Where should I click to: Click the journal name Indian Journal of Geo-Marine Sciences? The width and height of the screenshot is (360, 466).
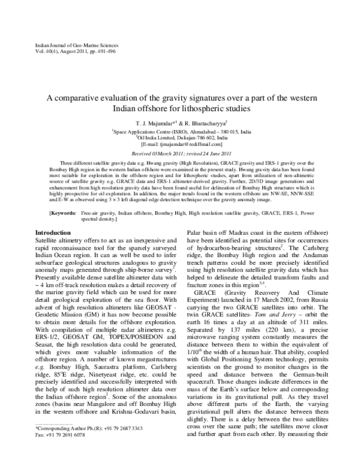pyautogui.click(x=67, y=45)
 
